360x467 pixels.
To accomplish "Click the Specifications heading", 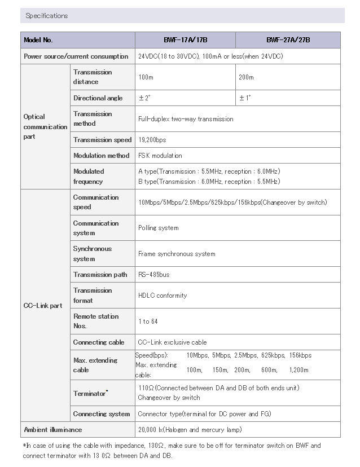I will (x=46, y=16).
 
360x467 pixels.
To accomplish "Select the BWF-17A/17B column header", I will (x=185, y=40).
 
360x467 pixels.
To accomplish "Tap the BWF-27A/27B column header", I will (x=288, y=40).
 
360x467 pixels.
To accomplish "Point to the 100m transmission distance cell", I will (x=146, y=77).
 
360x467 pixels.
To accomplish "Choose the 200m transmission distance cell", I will (x=247, y=77).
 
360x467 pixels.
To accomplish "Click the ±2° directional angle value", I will (x=144, y=98).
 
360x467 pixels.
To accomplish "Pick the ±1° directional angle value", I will (x=245, y=98).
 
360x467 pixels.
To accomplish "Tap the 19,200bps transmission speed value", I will (x=152, y=140).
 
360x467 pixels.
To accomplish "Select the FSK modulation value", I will (x=160, y=156).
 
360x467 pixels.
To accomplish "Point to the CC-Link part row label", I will (x=43, y=306).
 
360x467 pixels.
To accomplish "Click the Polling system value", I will (x=159, y=228).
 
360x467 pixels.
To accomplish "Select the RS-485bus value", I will (x=154, y=275).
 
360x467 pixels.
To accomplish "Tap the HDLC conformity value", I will (x=163, y=296).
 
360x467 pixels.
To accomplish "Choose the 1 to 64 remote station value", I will (x=148, y=321).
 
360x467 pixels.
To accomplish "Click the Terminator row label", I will (x=90, y=393).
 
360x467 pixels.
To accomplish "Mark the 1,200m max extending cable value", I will (x=298, y=370).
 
